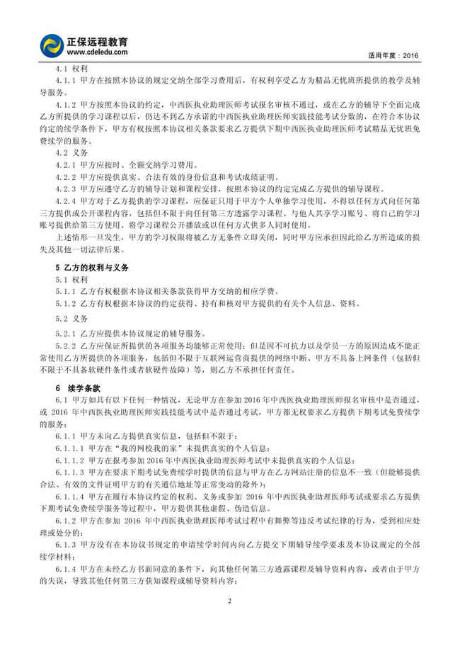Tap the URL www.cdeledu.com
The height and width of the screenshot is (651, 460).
click(x=98, y=52)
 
